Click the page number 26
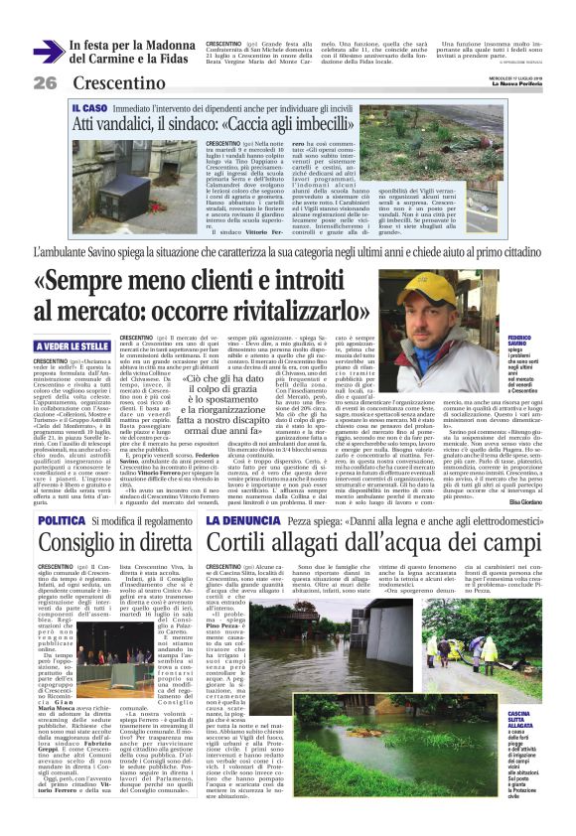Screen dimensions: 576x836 click(45, 82)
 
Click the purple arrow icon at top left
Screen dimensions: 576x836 click(46, 52)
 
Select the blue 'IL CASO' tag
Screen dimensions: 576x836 click(89, 106)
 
